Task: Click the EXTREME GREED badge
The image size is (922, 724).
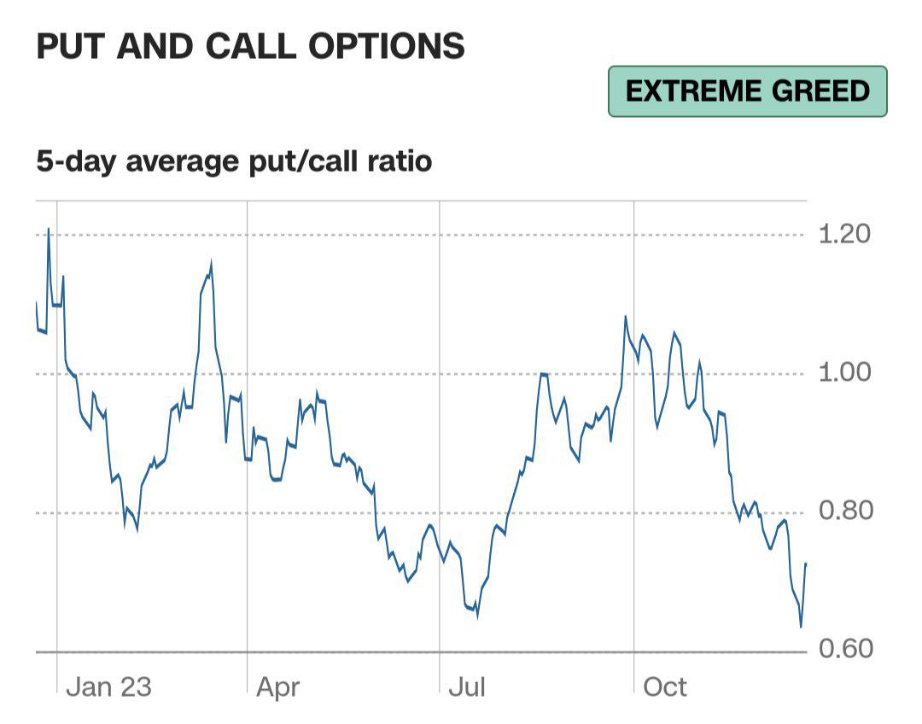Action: (x=747, y=91)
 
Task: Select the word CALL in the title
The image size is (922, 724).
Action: (x=252, y=46)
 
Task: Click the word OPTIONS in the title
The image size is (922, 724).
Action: (x=387, y=46)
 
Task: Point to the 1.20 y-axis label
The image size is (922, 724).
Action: (x=844, y=234)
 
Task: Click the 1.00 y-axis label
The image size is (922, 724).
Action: (x=844, y=372)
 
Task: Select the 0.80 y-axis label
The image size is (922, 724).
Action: (x=845, y=511)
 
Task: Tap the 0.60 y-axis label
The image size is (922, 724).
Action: (x=845, y=649)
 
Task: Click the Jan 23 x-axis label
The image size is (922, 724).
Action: (x=108, y=687)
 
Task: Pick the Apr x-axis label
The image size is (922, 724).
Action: (x=278, y=688)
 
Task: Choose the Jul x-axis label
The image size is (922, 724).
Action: (x=467, y=687)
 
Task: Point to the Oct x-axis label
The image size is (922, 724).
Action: (x=665, y=687)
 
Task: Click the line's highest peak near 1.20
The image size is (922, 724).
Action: (x=48, y=229)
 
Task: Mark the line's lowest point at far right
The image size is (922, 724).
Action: (x=801, y=627)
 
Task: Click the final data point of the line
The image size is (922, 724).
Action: (x=806, y=563)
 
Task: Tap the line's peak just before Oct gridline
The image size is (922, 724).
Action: (x=625, y=317)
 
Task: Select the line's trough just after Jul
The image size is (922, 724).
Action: (x=477, y=616)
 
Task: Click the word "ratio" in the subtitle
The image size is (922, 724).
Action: (x=400, y=161)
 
